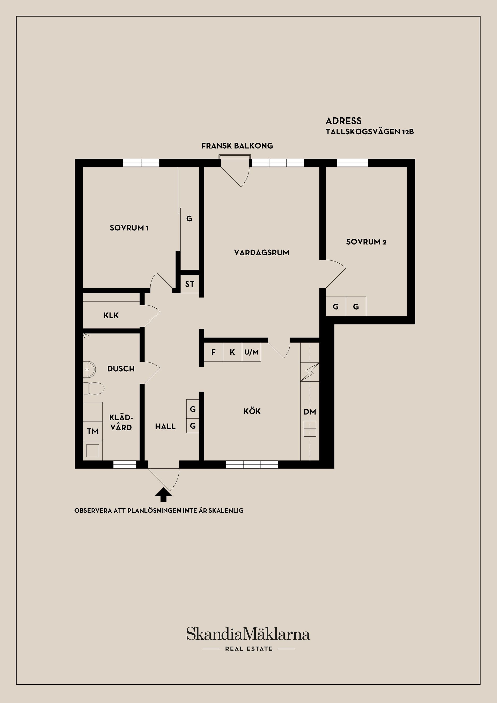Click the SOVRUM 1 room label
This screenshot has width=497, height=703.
click(x=129, y=228)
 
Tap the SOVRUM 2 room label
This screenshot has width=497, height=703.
click(x=366, y=242)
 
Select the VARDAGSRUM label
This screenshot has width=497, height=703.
click(x=261, y=253)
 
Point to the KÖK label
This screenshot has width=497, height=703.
click(x=252, y=411)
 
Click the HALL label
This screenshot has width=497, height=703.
click(x=165, y=426)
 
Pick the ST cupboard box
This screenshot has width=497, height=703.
click(x=190, y=284)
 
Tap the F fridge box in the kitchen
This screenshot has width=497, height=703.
click(x=213, y=352)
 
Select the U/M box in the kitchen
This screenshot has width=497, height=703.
click(x=251, y=352)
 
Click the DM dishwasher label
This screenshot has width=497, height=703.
click(x=310, y=412)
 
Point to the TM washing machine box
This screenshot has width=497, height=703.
click(x=92, y=431)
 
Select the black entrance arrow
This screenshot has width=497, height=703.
click(x=163, y=495)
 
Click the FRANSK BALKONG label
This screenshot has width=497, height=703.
click(x=237, y=146)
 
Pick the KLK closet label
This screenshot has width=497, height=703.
click(x=111, y=315)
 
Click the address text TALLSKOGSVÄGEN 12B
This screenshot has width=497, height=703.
click(x=370, y=132)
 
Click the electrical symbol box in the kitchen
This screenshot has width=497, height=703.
click(x=310, y=372)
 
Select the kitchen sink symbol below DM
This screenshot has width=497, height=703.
click(x=310, y=429)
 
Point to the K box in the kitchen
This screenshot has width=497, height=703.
click(x=232, y=352)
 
